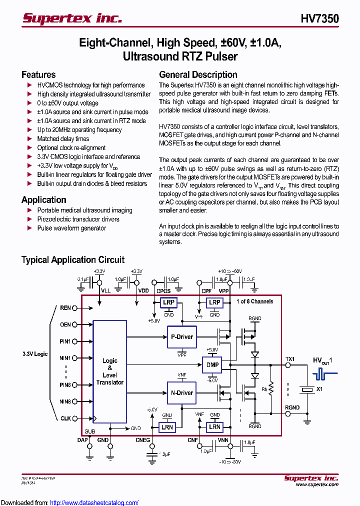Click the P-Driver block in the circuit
[x=181, y=336]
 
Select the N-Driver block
[x=181, y=392]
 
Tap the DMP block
[x=212, y=364]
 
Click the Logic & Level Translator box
[x=109, y=371]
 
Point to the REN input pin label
[x=65, y=308]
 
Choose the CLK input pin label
[x=65, y=418]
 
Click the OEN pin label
[x=65, y=324]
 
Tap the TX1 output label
[x=290, y=359]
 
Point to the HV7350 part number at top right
[x=319, y=19]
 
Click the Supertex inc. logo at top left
[x=72, y=18]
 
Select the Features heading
[x=38, y=75]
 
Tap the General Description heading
[x=198, y=75]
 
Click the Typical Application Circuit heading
[x=73, y=259]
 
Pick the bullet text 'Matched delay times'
[x=63, y=139]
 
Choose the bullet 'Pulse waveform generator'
[x=71, y=228]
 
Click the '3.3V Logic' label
[x=35, y=354]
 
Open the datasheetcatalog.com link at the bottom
[x=94, y=502]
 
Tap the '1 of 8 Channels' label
[x=254, y=301]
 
